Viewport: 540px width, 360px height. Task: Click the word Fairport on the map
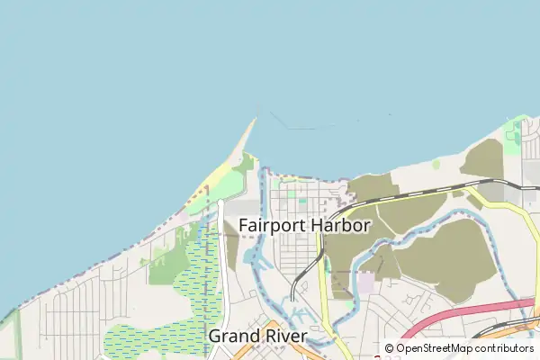pyautogui.click(x=269, y=226)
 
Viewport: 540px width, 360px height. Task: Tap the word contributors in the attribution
pyautogui.click(x=505, y=348)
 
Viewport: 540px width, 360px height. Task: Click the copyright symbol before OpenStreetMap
pyautogui.click(x=390, y=348)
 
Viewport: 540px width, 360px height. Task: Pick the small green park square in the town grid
pyautogui.click(x=302, y=202)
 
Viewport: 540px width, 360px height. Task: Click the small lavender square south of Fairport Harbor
pyautogui.click(x=365, y=283)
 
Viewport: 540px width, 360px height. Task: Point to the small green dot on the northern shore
pyautogui.click(x=436, y=164)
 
